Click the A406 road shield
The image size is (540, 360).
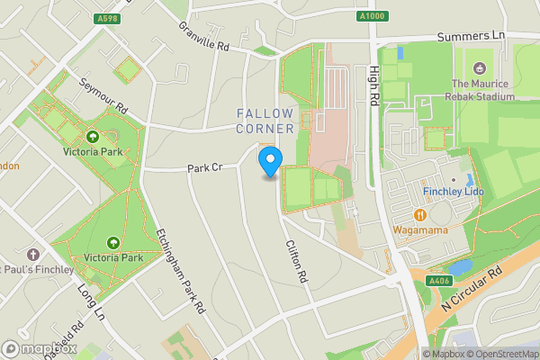438,281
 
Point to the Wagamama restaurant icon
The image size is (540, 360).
420,214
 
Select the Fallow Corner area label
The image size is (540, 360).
265,121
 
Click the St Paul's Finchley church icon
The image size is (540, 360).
32,255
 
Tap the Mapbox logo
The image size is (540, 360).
39,348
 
